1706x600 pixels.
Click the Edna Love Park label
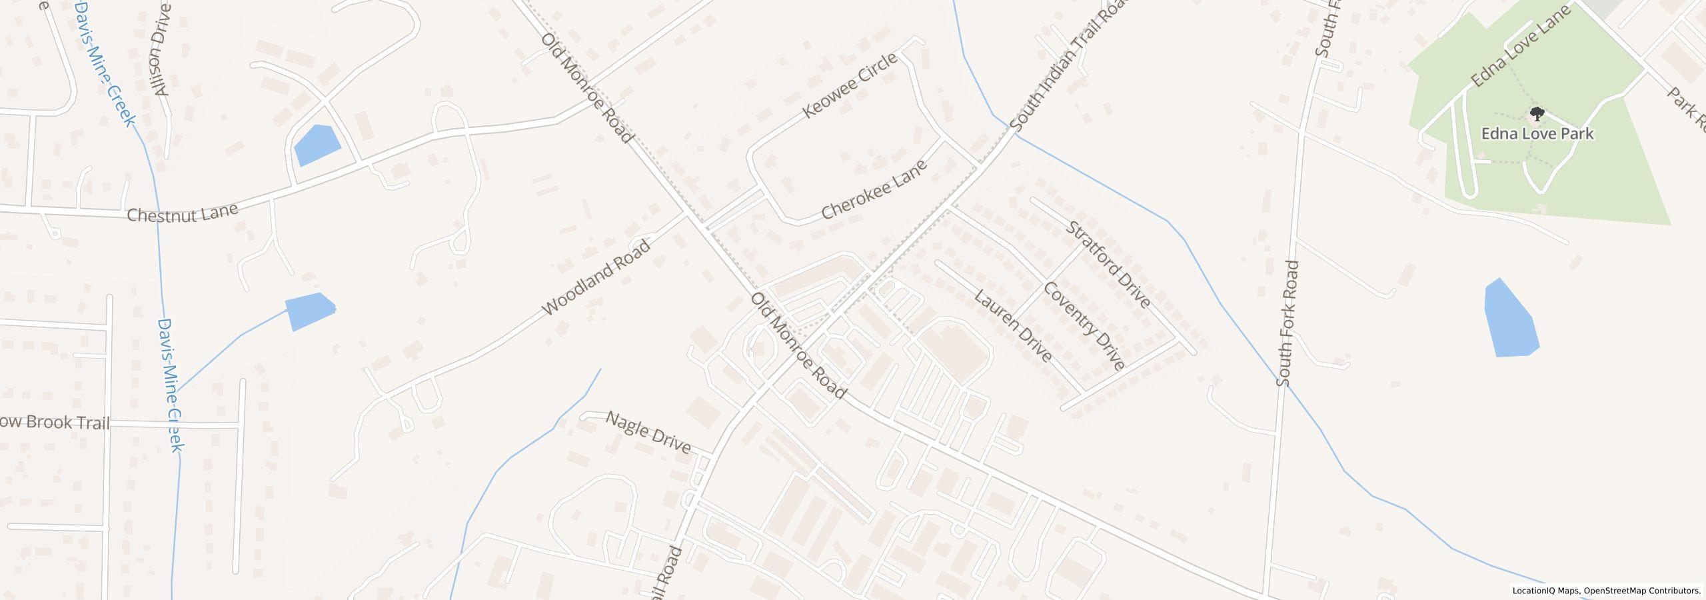click(x=1537, y=134)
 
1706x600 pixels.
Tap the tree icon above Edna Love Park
click(x=1537, y=113)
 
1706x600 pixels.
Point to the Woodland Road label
click(x=596, y=278)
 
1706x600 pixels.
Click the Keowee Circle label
click(x=850, y=86)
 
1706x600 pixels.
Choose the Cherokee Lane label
click(x=874, y=190)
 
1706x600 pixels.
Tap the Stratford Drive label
click(x=1108, y=265)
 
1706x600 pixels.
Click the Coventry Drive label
click(x=1084, y=326)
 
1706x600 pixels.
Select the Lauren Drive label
click(x=1013, y=326)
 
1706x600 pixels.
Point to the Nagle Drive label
click(x=648, y=433)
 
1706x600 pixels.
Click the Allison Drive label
click(x=162, y=49)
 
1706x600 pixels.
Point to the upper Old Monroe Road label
click(x=586, y=89)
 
